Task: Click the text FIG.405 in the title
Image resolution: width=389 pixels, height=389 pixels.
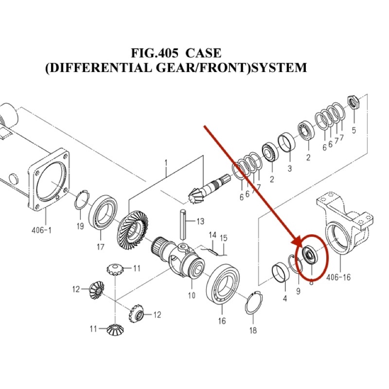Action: pyautogui.click(x=155, y=53)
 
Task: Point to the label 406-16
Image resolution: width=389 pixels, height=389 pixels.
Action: pyautogui.click(x=339, y=278)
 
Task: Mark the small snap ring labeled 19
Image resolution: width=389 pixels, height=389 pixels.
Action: pyautogui.click(x=81, y=201)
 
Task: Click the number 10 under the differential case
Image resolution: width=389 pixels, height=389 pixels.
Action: pyautogui.click(x=191, y=295)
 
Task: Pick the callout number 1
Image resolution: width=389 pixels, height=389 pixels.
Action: pyautogui.click(x=165, y=162)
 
